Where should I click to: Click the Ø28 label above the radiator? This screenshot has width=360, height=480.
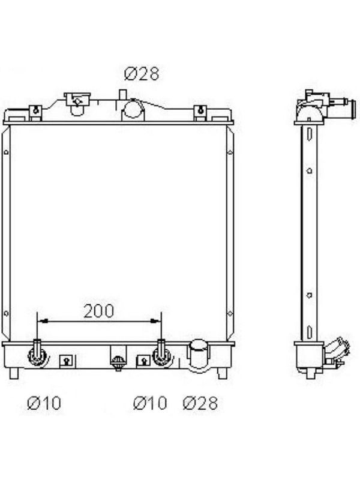point(142,74)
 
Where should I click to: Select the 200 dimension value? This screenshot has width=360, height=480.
point(98,311)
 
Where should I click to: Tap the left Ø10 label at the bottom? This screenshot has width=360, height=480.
point(44,403)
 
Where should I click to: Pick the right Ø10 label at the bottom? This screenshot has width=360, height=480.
point(151,403)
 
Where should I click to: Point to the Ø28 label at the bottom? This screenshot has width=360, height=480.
point(200,403)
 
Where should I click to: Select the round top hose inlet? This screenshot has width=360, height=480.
point(133,109)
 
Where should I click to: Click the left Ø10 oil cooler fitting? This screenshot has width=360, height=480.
point(37,355)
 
